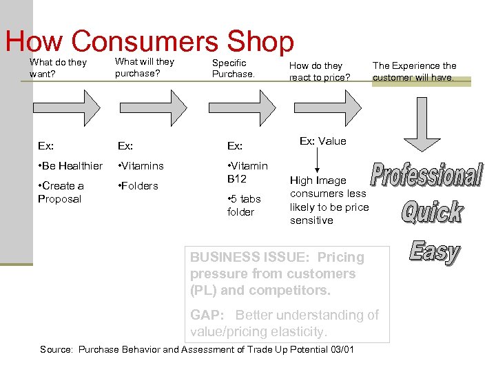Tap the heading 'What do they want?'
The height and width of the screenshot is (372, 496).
pyautogui.click(x=58, y=68)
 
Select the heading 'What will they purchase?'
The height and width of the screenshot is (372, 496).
pyautogui.click(x=145, y=68)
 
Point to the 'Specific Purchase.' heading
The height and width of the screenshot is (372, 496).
pyautogui.click(x=233, y=68)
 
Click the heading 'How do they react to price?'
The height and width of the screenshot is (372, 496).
pyautogui.click(x=320, y=72)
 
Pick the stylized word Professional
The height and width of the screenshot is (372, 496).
pyautogui.click(x=426, y=175)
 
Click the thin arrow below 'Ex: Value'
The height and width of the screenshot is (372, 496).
pyautogui.click(x=317, y=161)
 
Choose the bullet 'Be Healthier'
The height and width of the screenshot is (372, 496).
pyautogui.click(x=70, y=166)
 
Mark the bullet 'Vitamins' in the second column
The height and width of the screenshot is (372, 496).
pyautogui.click(x=141, y=166)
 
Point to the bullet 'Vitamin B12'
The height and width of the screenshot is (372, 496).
pyautogui.click(x=247, y=172)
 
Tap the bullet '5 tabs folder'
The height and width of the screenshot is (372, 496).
pyautogui.click(x=244, y=205)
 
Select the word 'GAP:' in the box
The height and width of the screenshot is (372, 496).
pyautogui.click(x=207, y=316)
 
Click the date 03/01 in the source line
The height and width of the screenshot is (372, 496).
pyautogui.click(x=342, y=350)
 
